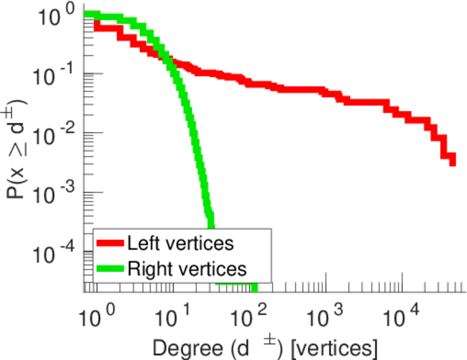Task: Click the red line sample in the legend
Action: [x=110, y=244]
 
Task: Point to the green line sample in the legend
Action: [x=110, y=268]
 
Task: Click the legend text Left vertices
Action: [x=181, y=243]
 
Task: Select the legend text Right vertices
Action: [x=187, y=268]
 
